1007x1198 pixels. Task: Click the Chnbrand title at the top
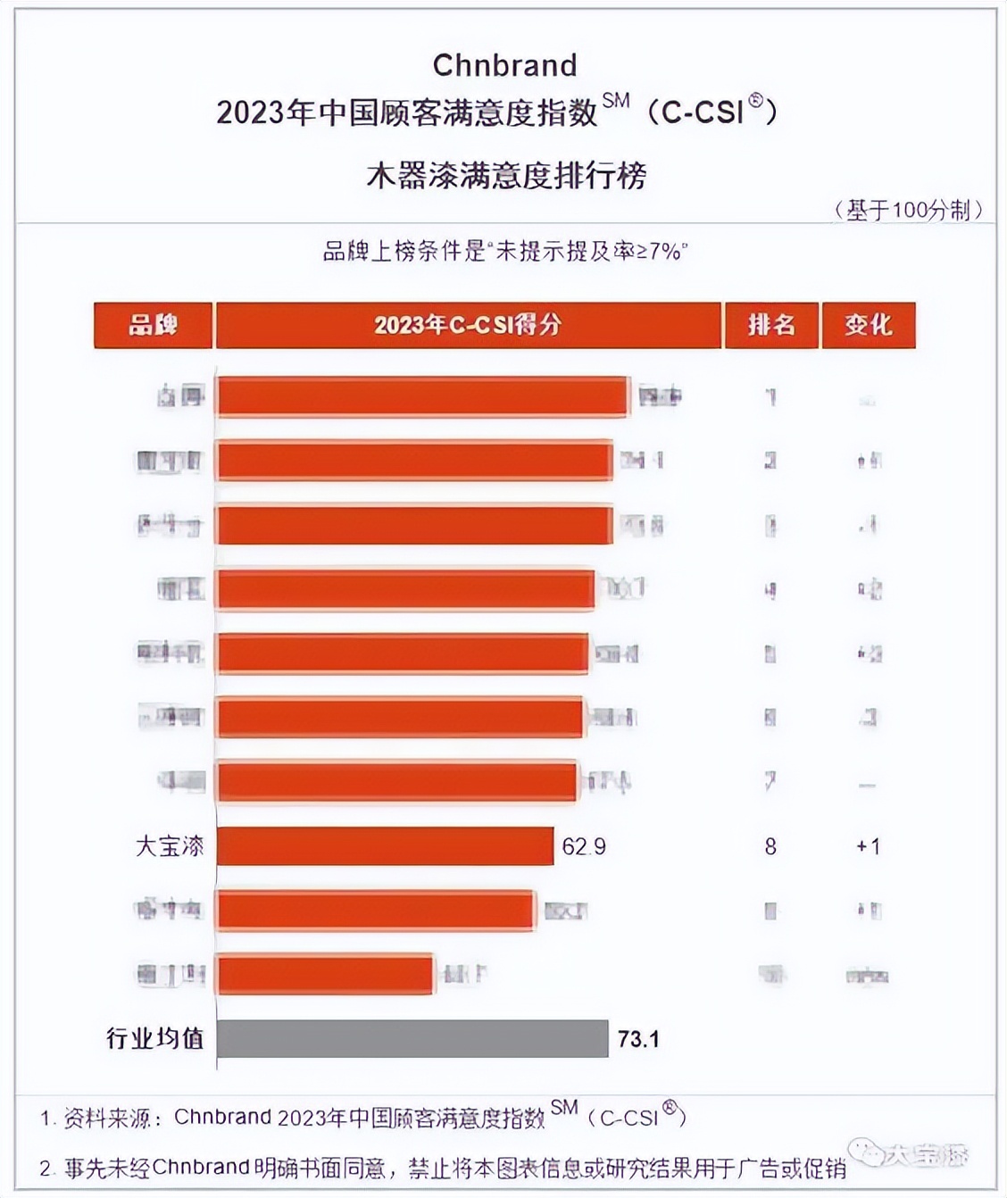click(x=504, y=65)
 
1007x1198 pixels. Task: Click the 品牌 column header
click(x=153, y=325)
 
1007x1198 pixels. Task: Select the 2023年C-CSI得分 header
click(x=468, y=325)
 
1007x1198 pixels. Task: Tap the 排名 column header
click(x=771, y=325)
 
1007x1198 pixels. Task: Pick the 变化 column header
click(x=868, y=325)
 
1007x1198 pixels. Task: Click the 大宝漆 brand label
click(x=170, y=845)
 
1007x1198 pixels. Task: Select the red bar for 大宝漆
click(x=385, y=845)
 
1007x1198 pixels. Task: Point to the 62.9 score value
click(x=584, y=846)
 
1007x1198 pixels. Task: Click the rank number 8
click(x=770, y=846)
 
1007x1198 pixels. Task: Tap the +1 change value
click(x=868, y=846)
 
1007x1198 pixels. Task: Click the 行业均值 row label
click(x=155, y=1038)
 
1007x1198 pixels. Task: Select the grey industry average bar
click(x=412, y=1038)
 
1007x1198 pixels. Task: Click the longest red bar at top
click(x=422, y=396)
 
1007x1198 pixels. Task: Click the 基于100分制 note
click(x=908, y=210)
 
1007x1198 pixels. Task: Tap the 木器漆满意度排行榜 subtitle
click(x=505, y=175)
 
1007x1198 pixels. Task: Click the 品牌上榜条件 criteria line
click(x=505, y=252)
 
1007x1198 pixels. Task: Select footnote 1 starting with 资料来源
click(x=362, y=1117)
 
